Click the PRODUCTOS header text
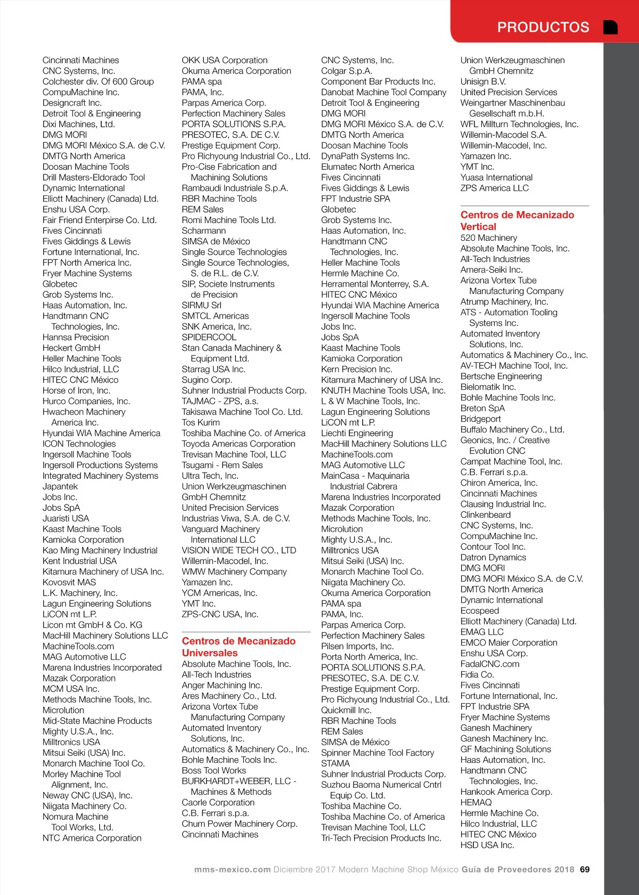pyautogui.click(x=543, y=27)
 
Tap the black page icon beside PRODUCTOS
pyautogui.click(x=611, y=27)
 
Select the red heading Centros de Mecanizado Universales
pyautogui.click(x=239, y=647)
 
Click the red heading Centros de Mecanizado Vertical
pyautogui.click(x=517, y=221)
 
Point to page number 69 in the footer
pyautogui.click(x=585, y=869)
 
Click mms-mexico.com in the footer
pyautogui.click(x=232, y=869)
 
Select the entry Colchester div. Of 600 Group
pyautogui.click(x=98, y=82)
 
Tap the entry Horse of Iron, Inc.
pyautogui.click(x=76, y=390)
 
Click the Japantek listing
pyautogui.click(x=60, y=486)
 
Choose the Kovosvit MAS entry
pyautogui.click(x=69, y=582)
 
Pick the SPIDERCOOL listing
pyautogui.click(x=209, y=337)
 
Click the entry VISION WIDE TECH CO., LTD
pyautogui.click(x=239, y=550)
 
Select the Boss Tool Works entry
pyautogui.click(x=214, y=770)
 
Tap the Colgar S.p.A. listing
pyautogui.click(x=347, y=71)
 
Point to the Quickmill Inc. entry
pyautogui.click(x=346, y=710)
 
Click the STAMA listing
pyautogui.click(x=335, y=763)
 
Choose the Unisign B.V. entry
pyautogui.click(x=483, y=82)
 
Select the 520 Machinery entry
pyautogui.click(x=488, y=238)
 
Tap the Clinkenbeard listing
pyautogui.click(x=485, y=515)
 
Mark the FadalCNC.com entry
pyautogui.click(x=489, y=664)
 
